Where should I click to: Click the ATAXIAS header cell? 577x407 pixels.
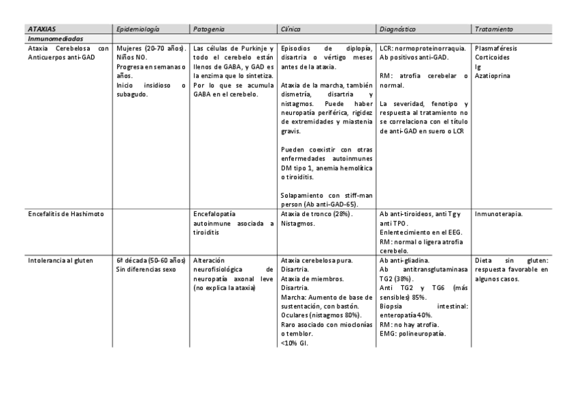coord(43,30)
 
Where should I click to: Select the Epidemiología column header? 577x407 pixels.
coord(138,30)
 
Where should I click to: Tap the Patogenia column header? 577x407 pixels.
coord(210,30)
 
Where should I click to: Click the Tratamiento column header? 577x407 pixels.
coord(495,30)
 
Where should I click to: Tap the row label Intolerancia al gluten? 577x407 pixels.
coord(61,260)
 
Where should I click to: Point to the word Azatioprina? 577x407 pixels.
coord(494,76)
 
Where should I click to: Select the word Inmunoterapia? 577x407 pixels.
coord(499,214)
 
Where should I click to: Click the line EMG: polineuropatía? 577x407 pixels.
coord(412,334)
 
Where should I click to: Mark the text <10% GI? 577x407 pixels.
coord(294,343)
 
